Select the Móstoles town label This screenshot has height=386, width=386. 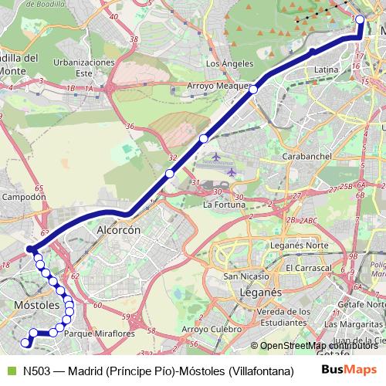[37, 306]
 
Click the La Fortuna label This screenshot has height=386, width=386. [223, 205]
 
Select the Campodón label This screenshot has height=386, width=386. [25, 197]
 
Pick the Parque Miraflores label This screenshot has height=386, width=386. [100, 334]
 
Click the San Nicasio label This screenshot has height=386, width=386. [246, 276]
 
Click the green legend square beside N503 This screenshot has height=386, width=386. [9, 370]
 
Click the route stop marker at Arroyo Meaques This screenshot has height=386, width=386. [253, 90]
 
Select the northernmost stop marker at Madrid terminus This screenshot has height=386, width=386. [360, 19]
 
